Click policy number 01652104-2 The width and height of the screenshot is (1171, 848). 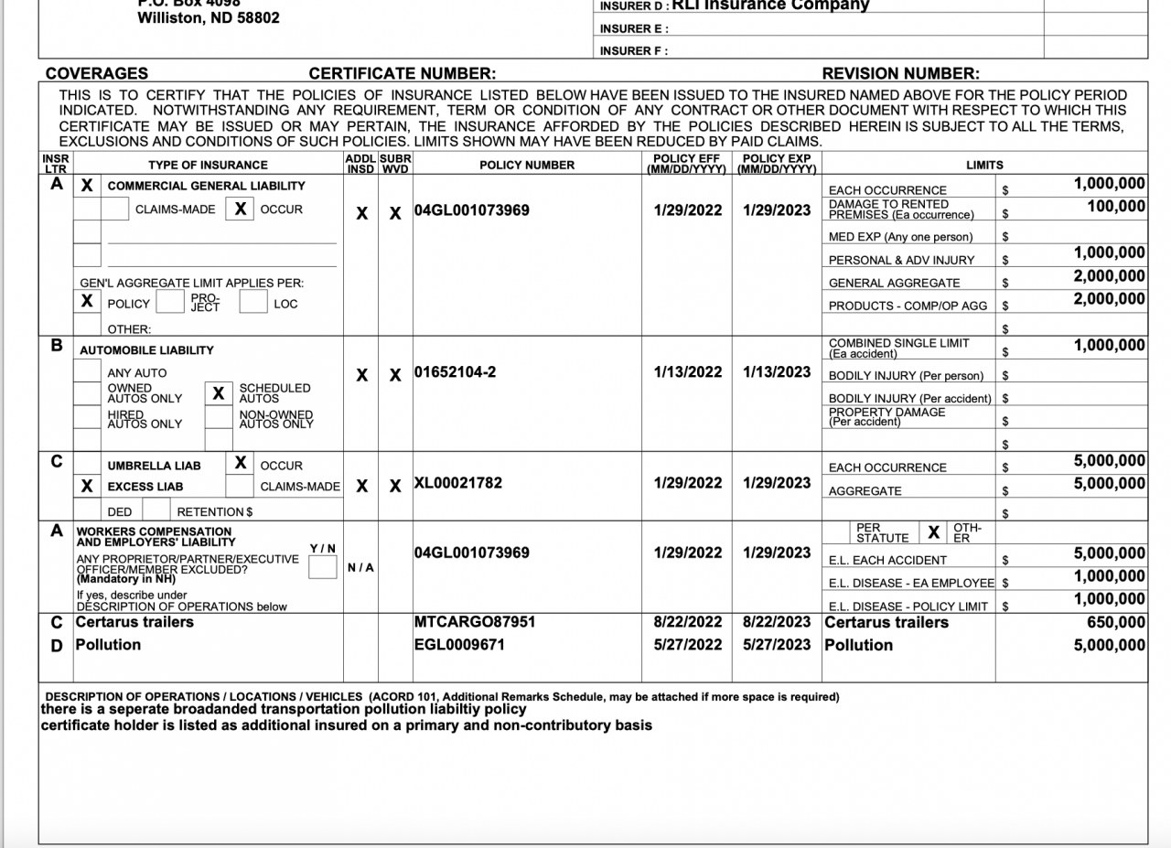point(456,373)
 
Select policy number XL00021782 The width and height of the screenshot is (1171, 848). point(458,483)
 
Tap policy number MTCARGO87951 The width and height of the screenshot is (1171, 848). point(475,623)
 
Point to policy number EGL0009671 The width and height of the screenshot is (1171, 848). point(459,645)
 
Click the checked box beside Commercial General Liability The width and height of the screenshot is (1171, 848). point(87,186)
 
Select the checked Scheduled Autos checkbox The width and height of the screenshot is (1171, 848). point(218,393)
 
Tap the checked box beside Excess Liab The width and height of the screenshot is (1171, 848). point(87,487)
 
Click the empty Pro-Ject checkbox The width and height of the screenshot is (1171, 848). point(169,303)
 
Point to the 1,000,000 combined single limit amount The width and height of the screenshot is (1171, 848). point(1110,346)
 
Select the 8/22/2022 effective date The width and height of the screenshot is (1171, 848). point(688,623)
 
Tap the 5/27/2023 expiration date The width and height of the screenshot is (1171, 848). point(777,645)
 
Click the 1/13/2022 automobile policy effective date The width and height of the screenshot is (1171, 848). point(688,373)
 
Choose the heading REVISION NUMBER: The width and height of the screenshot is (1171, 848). point(900,74)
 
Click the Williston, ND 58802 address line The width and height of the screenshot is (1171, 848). point(209,17)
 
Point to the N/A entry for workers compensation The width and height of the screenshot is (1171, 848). point(360,567)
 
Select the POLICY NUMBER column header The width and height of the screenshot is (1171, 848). point(527,166)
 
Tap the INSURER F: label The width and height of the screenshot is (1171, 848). point(634,51)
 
